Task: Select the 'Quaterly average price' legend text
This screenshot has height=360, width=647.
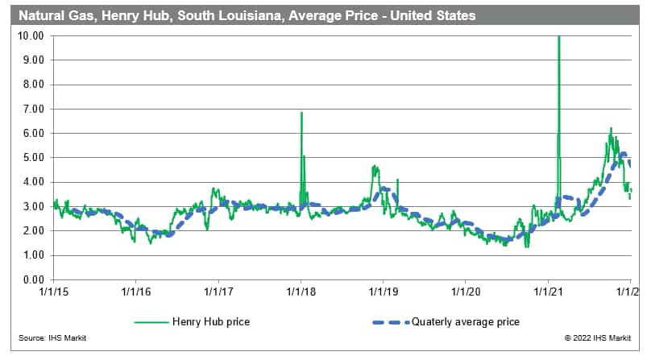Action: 466,322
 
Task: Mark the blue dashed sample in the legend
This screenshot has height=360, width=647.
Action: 383,322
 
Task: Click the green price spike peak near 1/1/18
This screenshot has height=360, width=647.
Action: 301,113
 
